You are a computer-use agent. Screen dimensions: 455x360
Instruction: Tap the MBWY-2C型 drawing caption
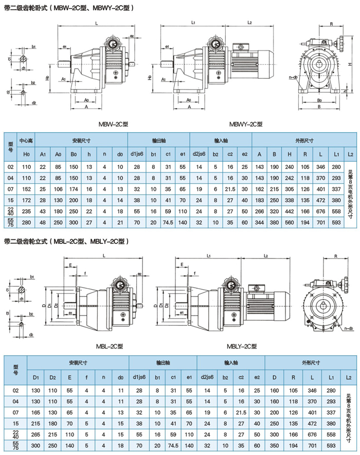[x=246, y=124]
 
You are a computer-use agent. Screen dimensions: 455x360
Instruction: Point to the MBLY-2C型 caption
[x=242, y=346]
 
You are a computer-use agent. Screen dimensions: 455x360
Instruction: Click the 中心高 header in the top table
[x=27, y=140]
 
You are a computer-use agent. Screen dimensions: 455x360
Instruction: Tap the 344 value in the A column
[x=259, y=222]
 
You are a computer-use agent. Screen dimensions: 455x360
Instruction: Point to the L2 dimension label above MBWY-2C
[x=249, y=23]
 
